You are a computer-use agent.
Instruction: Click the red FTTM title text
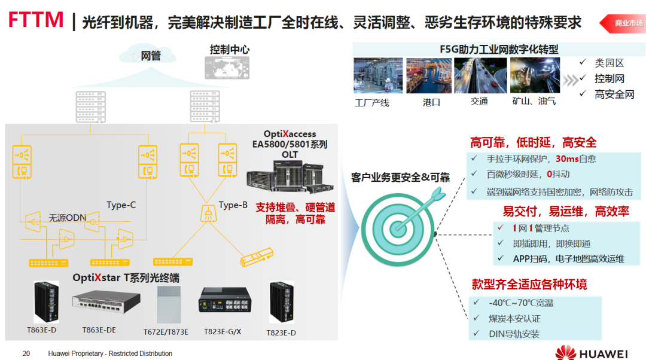[36, 20]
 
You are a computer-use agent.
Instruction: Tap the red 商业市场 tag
[629, 23]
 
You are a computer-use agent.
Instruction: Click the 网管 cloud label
[151, 56]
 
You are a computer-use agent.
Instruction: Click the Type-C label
[121, 205]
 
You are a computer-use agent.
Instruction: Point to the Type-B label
[233, 205]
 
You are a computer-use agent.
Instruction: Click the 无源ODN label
[68, 218]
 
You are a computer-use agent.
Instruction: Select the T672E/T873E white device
[167, 304]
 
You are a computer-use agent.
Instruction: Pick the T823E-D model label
[281, 332]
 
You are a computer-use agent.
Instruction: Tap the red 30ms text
[568, 158]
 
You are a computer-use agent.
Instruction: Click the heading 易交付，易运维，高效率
[565, 211]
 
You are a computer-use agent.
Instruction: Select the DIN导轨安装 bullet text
[514, 334]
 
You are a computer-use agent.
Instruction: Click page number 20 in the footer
[26, 353]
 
